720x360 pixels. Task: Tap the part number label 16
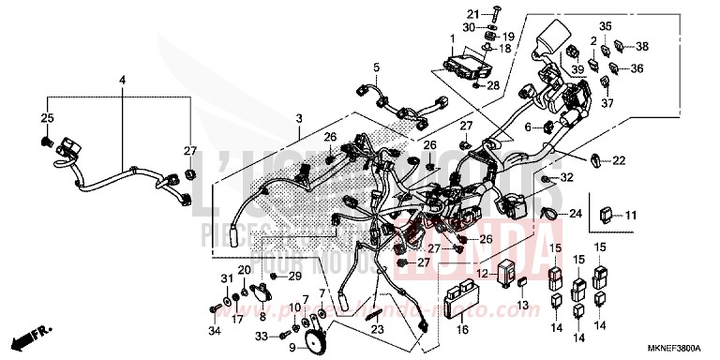coord(461,329)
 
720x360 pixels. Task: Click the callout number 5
coord(377,67)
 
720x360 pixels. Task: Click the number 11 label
coord(631,215)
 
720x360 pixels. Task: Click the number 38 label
coord(641,46)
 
